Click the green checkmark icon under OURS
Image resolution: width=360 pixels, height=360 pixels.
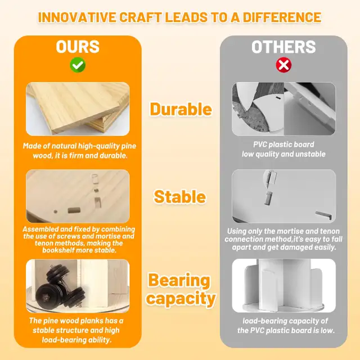pos(78,65)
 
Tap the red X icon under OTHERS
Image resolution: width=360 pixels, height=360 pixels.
pos(283,65)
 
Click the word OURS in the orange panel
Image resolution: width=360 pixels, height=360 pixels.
pos(78,47)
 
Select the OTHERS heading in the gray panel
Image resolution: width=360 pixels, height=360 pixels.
pos(283,47)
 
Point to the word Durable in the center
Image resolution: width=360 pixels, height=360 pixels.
pos(181,109)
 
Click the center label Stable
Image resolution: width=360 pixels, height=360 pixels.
pos(180,196)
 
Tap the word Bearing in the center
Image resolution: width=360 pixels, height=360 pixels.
pos(179,280)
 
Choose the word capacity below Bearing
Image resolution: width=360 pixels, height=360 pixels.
pos(181,298)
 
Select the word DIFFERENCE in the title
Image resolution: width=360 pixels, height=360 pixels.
pos(282,17)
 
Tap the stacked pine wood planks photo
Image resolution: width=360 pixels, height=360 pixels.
pos(78,109)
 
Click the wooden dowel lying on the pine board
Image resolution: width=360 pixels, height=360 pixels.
pos(74,210)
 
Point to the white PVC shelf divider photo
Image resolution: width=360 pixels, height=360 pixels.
pos(283,286)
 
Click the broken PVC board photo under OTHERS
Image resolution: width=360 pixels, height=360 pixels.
pos(283,109)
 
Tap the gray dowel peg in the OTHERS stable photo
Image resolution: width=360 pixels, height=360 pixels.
pos(268,198)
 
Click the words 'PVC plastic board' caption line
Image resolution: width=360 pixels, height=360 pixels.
pos(283,145)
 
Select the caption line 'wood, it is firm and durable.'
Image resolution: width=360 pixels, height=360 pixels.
pos(80,156)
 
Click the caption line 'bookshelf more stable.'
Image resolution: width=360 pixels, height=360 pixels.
pos(79,250)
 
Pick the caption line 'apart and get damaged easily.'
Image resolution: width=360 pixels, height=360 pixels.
pos(284,247)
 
